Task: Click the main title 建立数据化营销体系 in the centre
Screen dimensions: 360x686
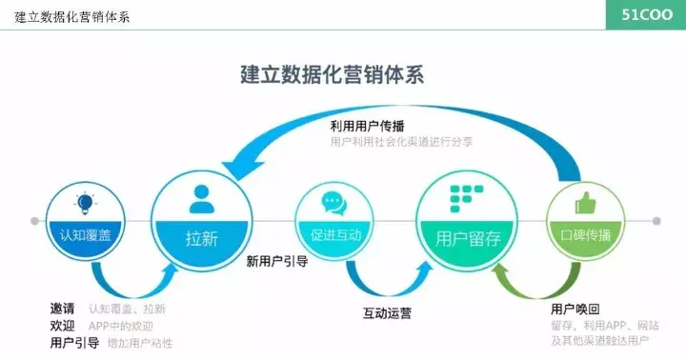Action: point(332,77)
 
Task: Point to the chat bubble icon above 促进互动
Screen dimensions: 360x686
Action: point(333,203)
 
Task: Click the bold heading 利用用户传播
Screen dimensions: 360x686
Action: point(367,126)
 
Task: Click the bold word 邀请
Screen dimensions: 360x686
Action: point(62,309)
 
